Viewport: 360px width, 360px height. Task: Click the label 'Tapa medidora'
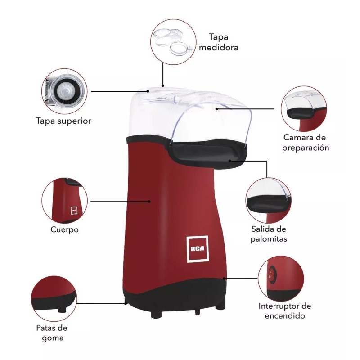pos(222,42)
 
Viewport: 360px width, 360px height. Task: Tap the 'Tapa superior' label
pos(64,121)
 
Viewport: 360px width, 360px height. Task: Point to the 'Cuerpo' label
pos(65,229)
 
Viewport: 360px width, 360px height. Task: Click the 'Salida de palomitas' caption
pos(269,234)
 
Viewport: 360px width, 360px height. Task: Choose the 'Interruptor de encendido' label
pos(285,310)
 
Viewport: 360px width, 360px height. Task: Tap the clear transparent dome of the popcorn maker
pos(189,112)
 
